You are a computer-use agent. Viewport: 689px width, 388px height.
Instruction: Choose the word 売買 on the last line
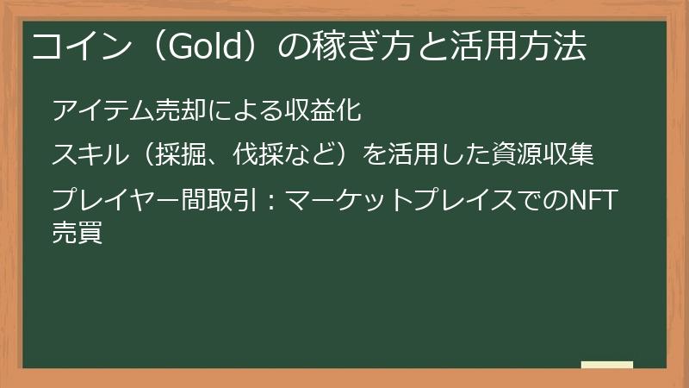pos(78,232)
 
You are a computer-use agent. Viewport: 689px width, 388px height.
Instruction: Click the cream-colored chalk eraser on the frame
pos(606,366)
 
